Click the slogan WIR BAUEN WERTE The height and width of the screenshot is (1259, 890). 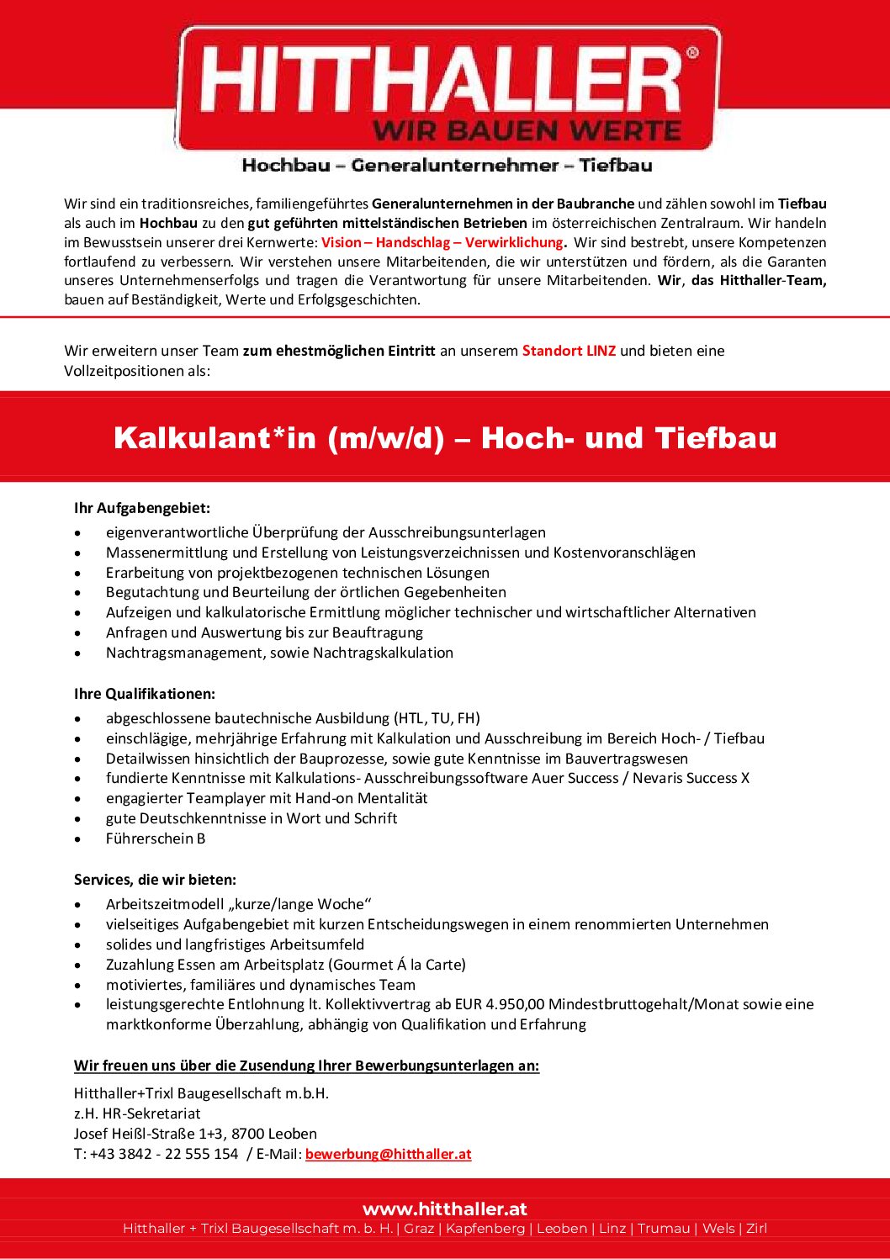pyautogui.click(x=527, y=131)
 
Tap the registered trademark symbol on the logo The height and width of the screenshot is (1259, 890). pyautogui.click(x=692, y=53)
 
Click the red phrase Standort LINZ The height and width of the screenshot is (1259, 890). pyautogui.click(x=569, y=351)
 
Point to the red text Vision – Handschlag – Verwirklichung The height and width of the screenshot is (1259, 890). pyautogui.click(x=442, y=242)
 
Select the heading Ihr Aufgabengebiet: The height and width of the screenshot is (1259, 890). pyautogui.click(x=141, y=508)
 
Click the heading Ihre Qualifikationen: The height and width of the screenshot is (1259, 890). pyautogui.click(x=144, y=694)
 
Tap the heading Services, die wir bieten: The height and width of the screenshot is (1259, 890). pyautogui.click(x=155, y=880)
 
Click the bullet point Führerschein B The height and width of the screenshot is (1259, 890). pyautogui.click(x=156, y=838)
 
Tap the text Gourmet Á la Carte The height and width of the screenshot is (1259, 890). pyautogui.click(x=396, y=965)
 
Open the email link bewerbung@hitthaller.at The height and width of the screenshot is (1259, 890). pyautogui.click(x=388, y=1154)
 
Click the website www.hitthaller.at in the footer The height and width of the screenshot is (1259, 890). pyautogui.click(x=444, y=1209)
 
